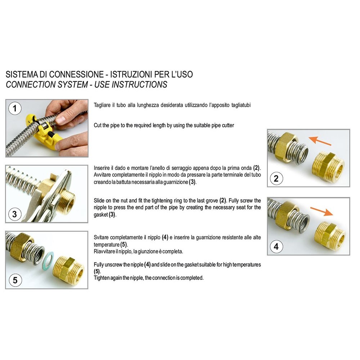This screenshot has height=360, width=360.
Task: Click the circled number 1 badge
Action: coord(15,108)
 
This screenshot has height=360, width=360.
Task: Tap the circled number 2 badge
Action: coord(276,178)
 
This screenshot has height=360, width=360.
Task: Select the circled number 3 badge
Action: coord(15,214)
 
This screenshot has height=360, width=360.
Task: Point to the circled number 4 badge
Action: coord(276,246)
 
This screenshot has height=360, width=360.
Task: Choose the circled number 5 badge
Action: coord(15,280)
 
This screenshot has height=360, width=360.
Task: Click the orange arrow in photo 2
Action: coord(320,141)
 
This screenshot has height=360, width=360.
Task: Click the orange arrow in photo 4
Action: coord(321,211)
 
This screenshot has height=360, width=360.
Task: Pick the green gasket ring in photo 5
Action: coord(48,261)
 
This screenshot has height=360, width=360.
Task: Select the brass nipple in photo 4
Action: coord(330,236)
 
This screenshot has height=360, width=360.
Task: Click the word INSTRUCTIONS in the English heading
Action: coord(139,85)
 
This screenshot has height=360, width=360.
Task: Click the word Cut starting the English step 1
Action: coord(98,125)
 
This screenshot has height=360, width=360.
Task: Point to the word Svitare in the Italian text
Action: coord(102,237)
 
